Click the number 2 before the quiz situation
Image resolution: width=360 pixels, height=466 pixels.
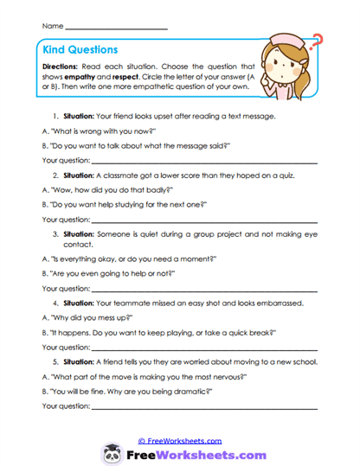pos(55,175)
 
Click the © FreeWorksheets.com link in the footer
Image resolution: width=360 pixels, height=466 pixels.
pos(180,441)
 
